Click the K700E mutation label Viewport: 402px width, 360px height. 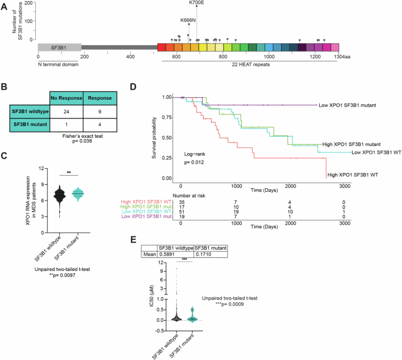tap(197, 3)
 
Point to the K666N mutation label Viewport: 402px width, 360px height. tap(188, 19)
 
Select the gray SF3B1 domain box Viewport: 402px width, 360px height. tap(59, 47)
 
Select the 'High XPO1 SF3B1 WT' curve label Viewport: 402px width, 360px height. tap(353, 174)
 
